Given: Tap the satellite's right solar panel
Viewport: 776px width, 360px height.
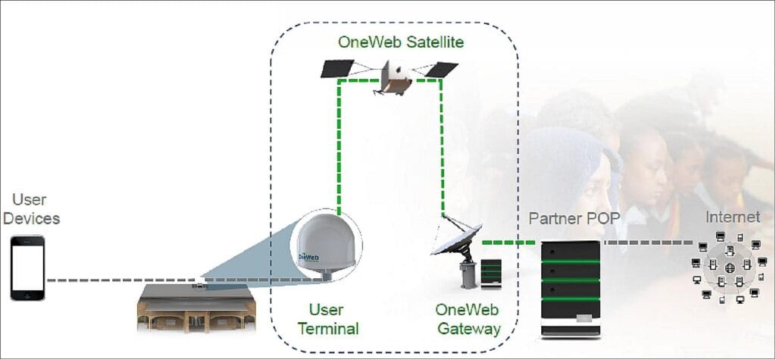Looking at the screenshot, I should click(442, 70).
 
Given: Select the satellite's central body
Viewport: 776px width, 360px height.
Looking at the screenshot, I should click(396, 77).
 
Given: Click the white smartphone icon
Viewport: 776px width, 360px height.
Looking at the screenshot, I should click(27, 267).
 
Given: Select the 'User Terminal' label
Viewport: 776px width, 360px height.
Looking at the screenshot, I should click(327, 319).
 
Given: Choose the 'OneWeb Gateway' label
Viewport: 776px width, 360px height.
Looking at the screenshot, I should click(468, 319).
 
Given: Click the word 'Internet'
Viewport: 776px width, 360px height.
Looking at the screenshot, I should click(732, 218).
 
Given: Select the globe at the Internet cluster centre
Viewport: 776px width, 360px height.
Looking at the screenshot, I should click(730, 268).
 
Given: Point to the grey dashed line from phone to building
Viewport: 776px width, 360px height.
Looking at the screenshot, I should click(114, 280).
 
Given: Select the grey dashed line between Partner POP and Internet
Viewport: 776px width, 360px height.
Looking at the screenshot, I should click(648, 243).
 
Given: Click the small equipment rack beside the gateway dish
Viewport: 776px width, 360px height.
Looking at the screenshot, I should click(492, 272).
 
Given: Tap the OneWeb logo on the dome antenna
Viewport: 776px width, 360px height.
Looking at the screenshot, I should click(308, 256).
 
